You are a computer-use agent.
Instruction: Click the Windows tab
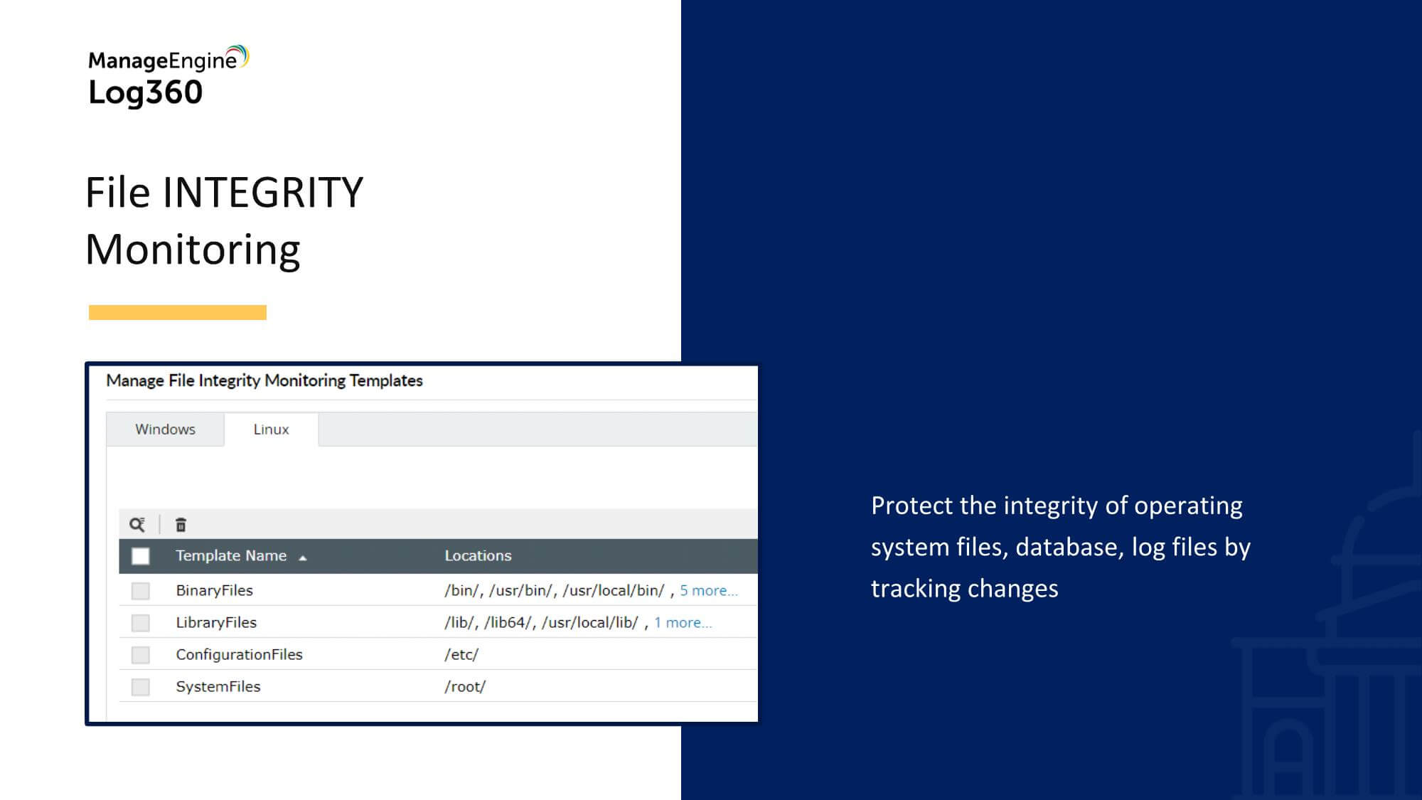tap(165, 430)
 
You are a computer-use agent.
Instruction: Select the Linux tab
tap(271, 430)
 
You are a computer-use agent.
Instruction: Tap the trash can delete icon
tap(181, 525)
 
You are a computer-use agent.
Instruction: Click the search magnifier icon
tap(137, 525)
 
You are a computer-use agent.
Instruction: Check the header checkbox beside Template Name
tap(141, 556)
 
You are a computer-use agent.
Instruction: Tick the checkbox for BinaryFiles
tap(141, 591)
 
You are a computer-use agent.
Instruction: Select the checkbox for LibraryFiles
tap(141, 623)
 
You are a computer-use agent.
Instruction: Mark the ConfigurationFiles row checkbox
tap(141, 655)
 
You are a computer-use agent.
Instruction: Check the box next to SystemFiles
tap(141, 687)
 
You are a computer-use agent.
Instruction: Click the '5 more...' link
tap(709, 590)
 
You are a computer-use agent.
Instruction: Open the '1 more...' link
tap(683, 622)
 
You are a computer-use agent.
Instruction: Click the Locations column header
tap(478, 555)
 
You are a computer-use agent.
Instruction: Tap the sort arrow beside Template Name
tap(303, 558)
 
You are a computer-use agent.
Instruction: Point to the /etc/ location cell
tap(461, 654)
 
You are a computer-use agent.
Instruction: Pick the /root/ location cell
tap(465, 686)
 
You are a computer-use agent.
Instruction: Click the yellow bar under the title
tap(178, 312)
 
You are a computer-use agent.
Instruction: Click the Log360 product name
tap(146, 92)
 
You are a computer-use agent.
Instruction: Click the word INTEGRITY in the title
tap(263, 193)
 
